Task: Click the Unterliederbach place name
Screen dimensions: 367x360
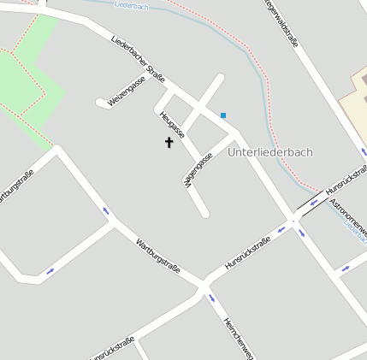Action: pos(270,152)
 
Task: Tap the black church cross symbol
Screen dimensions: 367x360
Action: pos(169,141)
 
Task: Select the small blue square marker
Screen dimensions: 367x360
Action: pos(223,115)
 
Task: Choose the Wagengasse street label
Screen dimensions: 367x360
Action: pos(198,168)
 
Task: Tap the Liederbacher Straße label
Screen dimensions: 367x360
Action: pos(138,57)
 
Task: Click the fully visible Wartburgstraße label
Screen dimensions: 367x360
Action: pos(157,255)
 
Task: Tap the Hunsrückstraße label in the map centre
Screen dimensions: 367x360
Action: pos(247,253)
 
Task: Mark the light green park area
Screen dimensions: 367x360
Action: pos(30,81)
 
